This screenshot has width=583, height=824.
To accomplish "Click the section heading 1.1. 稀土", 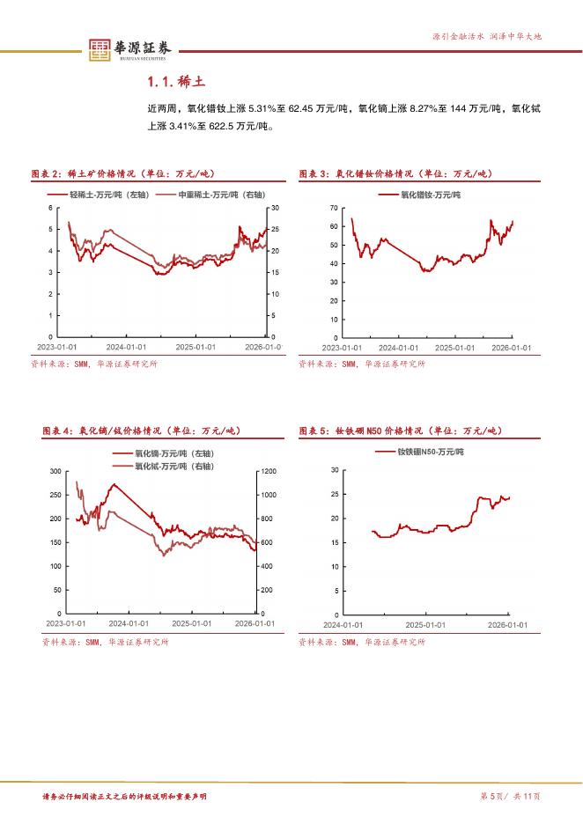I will point(176,82).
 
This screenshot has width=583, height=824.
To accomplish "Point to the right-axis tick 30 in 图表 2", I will point(275,208).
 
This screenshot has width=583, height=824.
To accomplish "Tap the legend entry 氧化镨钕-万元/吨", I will point(432,194).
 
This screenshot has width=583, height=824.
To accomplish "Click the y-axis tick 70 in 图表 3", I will point(334,208).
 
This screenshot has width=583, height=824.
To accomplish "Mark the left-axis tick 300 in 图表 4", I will point(55,472).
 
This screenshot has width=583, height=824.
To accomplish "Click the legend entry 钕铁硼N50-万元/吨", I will point(430,452).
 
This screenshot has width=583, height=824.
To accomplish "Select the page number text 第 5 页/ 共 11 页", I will point(510,797).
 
